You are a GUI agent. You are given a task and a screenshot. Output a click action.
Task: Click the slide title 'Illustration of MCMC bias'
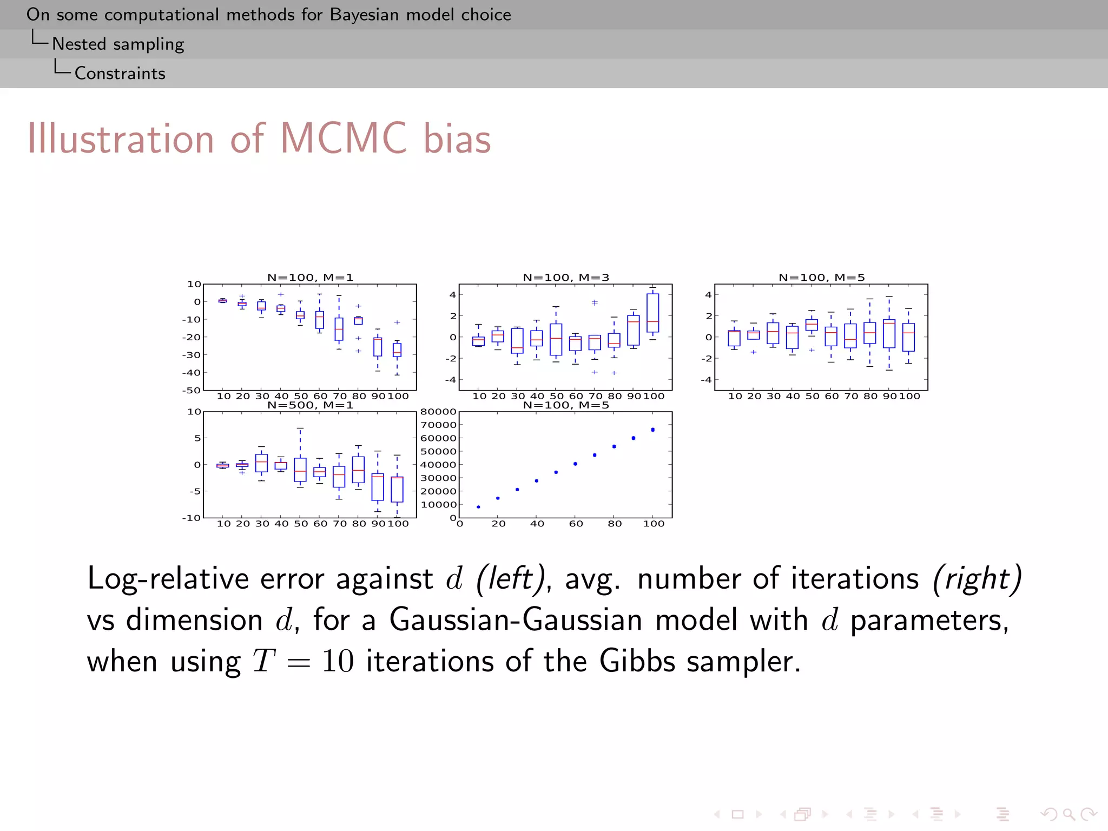(x=259, y=139)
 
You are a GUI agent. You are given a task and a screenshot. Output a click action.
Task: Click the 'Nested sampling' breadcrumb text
(x=118, y=44)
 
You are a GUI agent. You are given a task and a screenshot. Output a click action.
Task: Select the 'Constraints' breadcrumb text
(x=120, y=73)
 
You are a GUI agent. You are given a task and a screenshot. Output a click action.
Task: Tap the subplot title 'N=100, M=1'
(x=310, y=278)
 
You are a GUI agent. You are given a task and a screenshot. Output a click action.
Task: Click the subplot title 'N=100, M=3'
(x=566, y=278)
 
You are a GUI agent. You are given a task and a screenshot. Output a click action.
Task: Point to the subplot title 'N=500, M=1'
(x=310, y=405)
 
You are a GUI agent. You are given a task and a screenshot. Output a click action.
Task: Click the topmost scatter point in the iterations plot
(x=652, y=430)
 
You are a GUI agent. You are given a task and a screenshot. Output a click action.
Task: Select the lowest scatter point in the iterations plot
(x=478, y=507)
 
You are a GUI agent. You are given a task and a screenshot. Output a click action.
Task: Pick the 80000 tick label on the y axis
(x=438, y=412)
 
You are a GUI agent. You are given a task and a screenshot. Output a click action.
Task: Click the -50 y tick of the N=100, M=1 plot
(x=192, y=390)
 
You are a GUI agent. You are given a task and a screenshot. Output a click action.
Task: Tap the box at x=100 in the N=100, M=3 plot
(x=652, y=313)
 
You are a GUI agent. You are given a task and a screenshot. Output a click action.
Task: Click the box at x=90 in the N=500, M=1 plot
(x=378, y=487)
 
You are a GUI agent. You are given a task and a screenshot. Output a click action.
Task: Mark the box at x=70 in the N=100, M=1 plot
(x=339, y=329)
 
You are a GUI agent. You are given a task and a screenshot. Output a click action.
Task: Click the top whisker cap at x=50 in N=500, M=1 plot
(x=300, y=428)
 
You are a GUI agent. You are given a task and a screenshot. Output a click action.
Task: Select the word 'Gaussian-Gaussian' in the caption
(x=516, y=619)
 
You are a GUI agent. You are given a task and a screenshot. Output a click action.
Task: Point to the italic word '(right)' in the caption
(x=977, y=578)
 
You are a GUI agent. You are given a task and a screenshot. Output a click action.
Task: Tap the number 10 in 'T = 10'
(x=338, y=661)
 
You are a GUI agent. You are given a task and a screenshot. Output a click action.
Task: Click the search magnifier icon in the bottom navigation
(x=1069, y=814)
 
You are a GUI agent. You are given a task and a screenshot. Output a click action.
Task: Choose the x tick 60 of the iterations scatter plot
(x=576, y=524)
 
